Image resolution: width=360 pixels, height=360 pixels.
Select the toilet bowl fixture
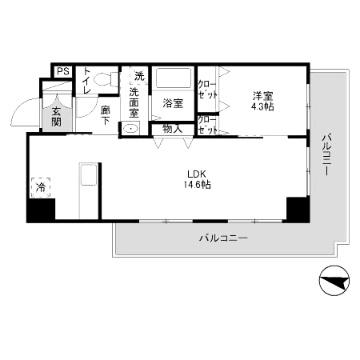click(x=102, y=81)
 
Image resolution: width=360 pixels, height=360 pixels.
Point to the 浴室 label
click(x=173, y=103)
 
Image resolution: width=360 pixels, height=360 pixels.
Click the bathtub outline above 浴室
click(x=173, y=79)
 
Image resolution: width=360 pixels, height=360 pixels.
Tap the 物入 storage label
click(x=173, y=128)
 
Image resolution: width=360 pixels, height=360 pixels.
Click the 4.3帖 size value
click(x=262, y=106)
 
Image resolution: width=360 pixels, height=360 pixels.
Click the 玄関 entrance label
click(x=57, y=116)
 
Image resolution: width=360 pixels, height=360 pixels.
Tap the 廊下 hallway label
click(x=106, y=116)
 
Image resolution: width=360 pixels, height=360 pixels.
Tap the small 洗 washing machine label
click(x=139, y=77)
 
